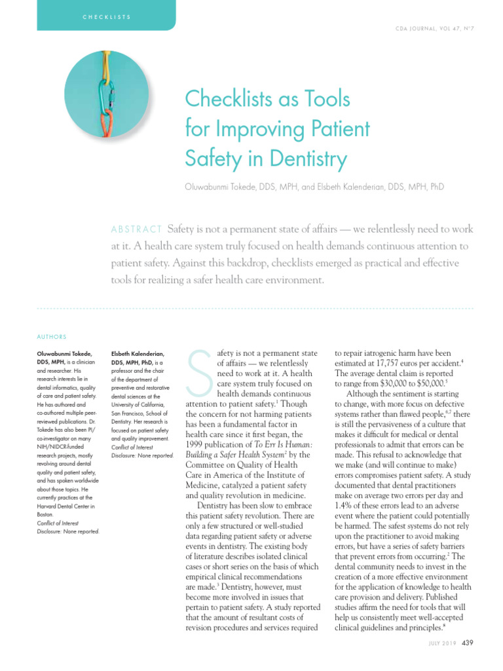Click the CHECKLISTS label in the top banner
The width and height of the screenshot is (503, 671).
click(105, 16)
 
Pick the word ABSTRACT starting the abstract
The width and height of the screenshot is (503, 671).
click(136, 229)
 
